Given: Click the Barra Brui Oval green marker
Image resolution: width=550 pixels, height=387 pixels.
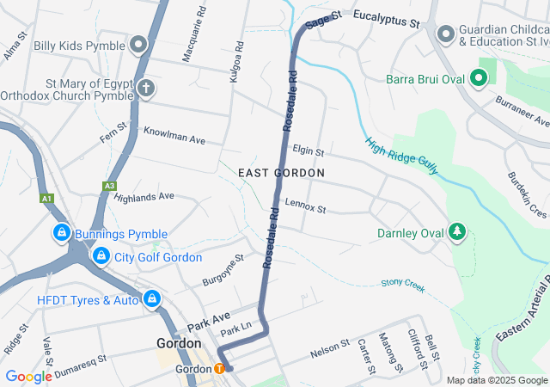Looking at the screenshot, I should coord(479,80).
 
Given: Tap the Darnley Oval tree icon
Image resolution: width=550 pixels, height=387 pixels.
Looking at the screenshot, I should coord(459,233).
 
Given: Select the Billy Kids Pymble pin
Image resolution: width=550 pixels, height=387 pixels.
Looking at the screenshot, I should coord(140,44).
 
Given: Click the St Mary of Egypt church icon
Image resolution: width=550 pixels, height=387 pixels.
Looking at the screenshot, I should coord(147,89).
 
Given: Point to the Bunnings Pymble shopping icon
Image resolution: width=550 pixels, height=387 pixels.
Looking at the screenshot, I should coord(62,233).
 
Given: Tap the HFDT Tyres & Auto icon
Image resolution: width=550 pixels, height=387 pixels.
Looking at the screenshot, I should coord(151,299).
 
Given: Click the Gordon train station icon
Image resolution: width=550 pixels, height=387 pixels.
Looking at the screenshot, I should coord(219,369).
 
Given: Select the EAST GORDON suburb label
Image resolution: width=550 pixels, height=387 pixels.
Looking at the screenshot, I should coord(282,173).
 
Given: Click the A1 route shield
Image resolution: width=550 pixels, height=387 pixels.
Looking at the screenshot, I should coord(46,199).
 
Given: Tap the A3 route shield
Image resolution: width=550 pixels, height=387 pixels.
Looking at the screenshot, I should coord(109,185).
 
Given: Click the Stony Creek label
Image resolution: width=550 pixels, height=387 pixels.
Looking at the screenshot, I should coord(403,283).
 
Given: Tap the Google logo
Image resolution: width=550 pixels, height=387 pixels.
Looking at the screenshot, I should coord(29,376).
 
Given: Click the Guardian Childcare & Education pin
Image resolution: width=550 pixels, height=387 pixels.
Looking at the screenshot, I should coord(445,34).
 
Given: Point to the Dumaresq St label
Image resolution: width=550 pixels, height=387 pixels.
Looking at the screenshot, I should coord(78,362).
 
